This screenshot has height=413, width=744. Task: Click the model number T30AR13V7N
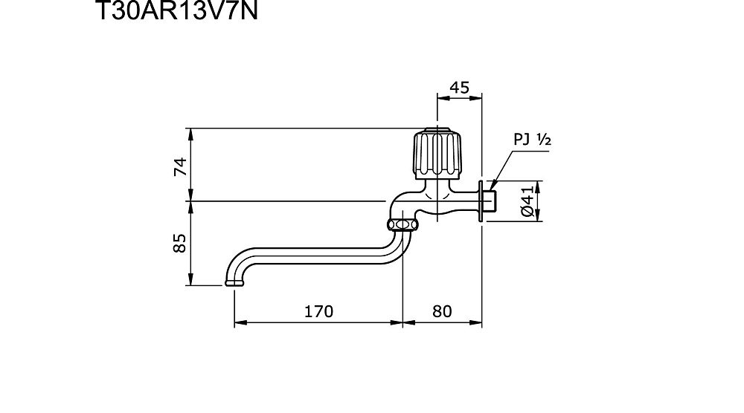pos(176,10)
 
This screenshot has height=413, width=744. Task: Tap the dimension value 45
pos(459,88)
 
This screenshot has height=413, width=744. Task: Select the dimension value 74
pos(181,166)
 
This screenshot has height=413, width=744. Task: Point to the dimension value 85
pos(180,243)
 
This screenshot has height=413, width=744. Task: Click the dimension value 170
pos(318,311)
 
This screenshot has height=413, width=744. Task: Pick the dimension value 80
pos(442,311)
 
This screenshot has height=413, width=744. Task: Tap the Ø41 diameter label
pos(527,201)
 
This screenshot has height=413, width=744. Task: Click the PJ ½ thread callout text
pos(533,139)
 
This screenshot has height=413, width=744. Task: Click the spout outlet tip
pos(235,283)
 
